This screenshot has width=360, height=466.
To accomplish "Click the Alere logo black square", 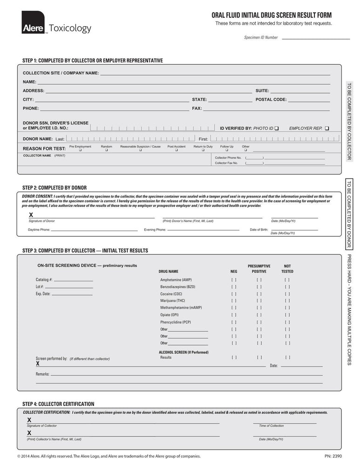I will [33, 22].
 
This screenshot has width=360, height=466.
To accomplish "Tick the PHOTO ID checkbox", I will [277, 128].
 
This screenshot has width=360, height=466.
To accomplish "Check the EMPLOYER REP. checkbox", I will [327, 128].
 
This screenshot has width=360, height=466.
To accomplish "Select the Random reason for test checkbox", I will [106, 151].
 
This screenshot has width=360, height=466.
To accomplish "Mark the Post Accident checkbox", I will [177, 151].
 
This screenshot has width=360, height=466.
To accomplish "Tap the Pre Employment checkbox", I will [80, 151].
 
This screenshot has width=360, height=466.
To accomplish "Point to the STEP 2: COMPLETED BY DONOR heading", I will [54, 188].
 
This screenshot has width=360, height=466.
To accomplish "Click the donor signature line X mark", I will [31, 215].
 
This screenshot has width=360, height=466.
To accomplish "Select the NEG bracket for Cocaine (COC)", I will [234, 294].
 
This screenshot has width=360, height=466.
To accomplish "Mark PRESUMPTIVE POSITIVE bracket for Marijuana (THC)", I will [259, 301].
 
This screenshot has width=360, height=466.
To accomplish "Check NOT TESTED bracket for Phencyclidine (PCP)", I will [287, 322].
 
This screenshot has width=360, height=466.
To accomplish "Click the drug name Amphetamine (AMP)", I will [176, 280].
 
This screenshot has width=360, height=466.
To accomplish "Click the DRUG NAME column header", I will [169, 271].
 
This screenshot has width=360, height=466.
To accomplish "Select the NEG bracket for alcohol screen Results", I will [234, 357].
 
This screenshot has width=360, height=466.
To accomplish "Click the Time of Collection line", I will [285, 423].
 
